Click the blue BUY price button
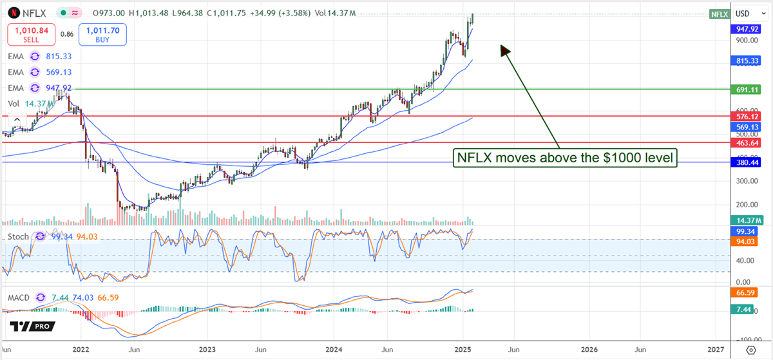coord(102,33)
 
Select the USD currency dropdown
coord(747,14)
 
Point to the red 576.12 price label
coord(748,116)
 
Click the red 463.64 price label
coord(748,142)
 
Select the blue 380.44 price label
coord(748,162)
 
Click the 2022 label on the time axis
coord(81,348)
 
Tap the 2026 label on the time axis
coord(588,348)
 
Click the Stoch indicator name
coord(18,236)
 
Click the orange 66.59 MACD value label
coord(748,293)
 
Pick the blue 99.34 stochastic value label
coord(748,231)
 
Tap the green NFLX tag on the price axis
coord(718,14)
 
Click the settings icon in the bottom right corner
coord(751,350)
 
